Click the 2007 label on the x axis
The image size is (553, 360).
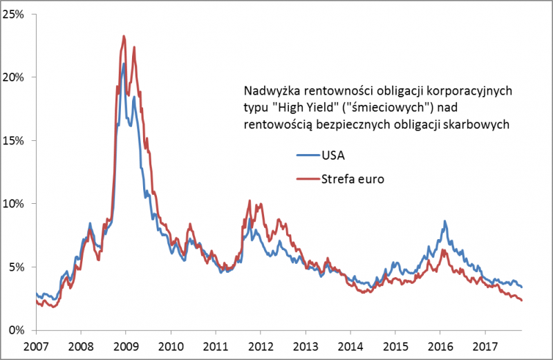(x=36, y=345)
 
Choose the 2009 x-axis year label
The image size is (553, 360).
(x=125, y=345)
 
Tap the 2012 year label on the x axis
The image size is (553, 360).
(x=260, y=345)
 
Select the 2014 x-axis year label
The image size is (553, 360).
(x=350, y=345)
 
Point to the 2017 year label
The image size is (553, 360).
(x=485, y=345)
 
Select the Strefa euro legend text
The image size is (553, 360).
(x=352, y=180)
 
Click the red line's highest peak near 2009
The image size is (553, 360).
(x=123, y=37)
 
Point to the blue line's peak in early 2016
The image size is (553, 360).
(x=444, y=222)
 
